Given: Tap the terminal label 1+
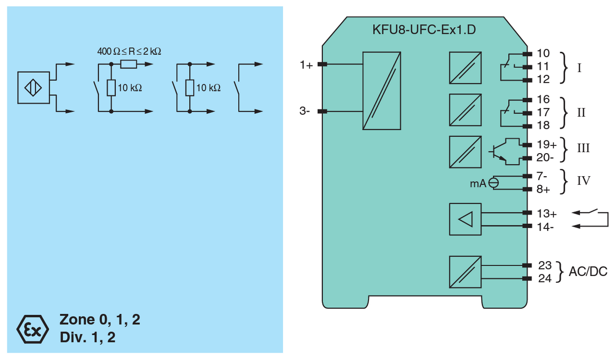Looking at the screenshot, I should [x=306, y=65].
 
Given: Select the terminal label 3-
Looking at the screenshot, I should [x=305, y=111].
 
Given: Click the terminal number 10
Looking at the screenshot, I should [x=543, y=53].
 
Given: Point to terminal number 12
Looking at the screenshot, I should [x=543, y=79].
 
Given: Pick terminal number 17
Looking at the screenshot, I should [x=543, y=112].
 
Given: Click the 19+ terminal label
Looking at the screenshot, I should [x=546, y=145].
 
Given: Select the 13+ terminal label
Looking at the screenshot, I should [x=546, y=214].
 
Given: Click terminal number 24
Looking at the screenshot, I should [x=544, y=279].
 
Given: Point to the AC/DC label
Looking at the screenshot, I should [x=587, y=271].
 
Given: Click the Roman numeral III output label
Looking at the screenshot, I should [x=583, y=149].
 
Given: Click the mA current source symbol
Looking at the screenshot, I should [x=494, y=182].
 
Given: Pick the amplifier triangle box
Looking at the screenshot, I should [x=465, y=220].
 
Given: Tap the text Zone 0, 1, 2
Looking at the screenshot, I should [x=100, y=320].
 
